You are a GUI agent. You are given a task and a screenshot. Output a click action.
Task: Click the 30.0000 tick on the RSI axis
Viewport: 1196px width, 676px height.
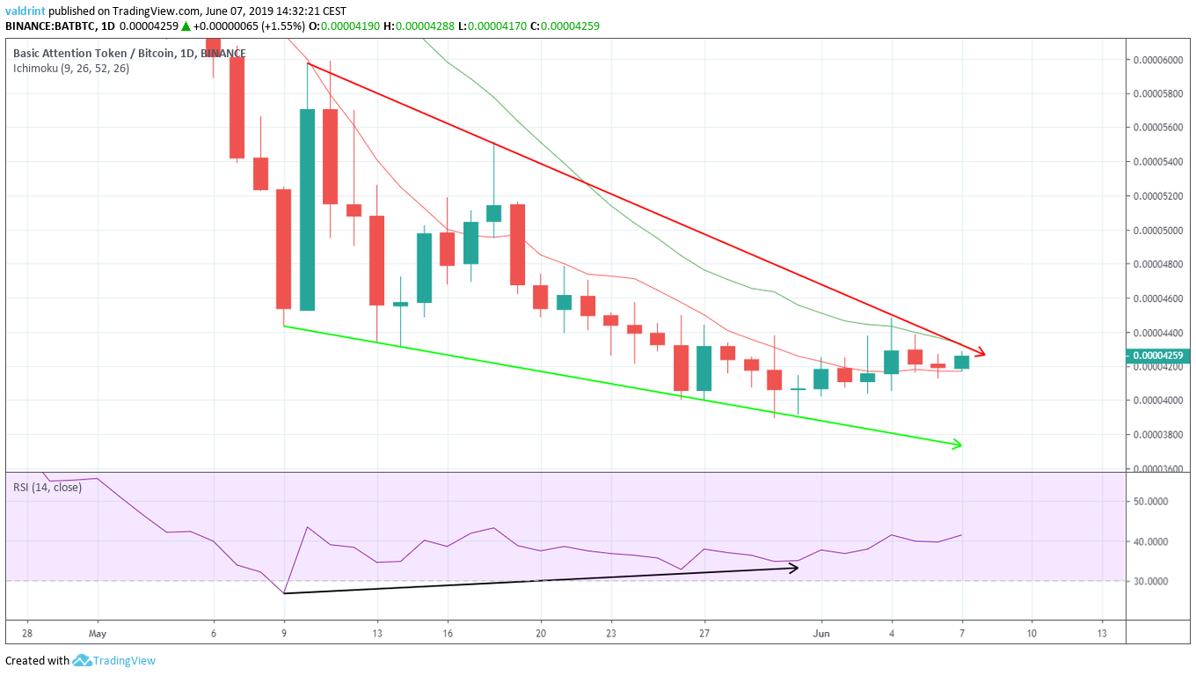(x=1151, y=581)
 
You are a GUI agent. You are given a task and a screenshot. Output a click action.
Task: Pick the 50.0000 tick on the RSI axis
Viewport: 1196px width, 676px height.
(x=1151, y=501)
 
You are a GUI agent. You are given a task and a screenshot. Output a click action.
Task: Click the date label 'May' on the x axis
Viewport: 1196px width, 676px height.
(x=97, y=633)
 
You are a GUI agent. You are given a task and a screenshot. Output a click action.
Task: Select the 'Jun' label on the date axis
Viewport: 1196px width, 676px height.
(x=820, y=633)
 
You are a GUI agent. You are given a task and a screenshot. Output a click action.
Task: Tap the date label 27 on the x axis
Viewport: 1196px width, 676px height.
(x=704, y=633)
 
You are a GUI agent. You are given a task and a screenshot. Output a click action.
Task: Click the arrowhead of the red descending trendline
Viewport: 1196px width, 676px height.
(x=981, y=354)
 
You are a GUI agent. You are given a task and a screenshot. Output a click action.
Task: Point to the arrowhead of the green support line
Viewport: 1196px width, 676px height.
(x=957, y=445)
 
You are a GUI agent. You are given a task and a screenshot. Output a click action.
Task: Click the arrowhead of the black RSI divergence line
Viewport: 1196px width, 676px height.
(x=793, y=568)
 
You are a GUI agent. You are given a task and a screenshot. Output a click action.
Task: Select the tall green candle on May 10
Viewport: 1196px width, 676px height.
(x=307, y=209)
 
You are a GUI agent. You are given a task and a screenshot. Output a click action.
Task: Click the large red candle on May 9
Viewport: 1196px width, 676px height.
(x=283, y=249)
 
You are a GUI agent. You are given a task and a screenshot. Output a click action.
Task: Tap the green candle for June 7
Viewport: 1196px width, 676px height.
(x=961, y=362)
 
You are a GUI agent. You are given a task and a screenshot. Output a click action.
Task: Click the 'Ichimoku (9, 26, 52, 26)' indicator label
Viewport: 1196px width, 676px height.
(x=71, y=68)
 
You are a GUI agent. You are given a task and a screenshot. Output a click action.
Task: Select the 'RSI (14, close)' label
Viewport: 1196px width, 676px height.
(x=47, y=487)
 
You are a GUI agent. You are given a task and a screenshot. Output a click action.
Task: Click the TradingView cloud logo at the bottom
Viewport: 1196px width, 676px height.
(x=83, y=660)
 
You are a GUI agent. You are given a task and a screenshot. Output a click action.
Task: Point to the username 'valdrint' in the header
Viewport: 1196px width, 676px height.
(x=26, y=11)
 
